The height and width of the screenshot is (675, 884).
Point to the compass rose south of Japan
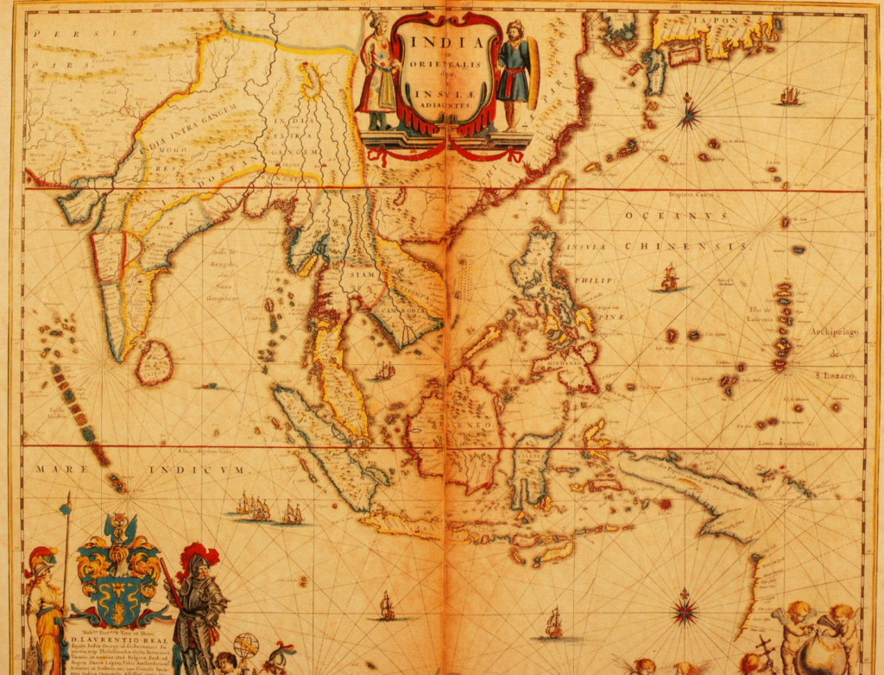coord(689,113)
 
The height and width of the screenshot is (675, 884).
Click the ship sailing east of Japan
coord(789,96)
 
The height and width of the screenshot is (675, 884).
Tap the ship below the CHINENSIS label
coord(669,278)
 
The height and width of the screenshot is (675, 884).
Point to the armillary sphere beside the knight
coord(246,646)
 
